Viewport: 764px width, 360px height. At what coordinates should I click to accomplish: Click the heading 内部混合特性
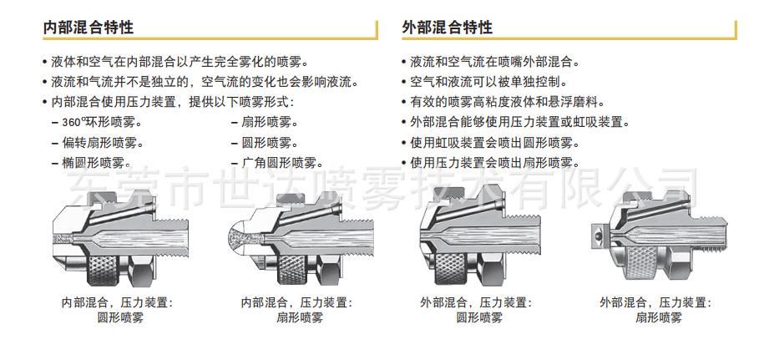(x=89, y=27)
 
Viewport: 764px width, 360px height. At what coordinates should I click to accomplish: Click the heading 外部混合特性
(x=447, y=27)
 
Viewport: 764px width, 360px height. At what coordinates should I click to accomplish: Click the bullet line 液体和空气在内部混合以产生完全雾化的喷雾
(x=179, y=62)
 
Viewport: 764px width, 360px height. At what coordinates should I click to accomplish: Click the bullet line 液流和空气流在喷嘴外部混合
(x=495, y=62)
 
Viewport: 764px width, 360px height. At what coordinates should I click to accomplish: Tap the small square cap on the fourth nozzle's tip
(x=597, y=237)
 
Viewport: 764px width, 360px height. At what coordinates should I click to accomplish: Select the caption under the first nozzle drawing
(x=117, y=310)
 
